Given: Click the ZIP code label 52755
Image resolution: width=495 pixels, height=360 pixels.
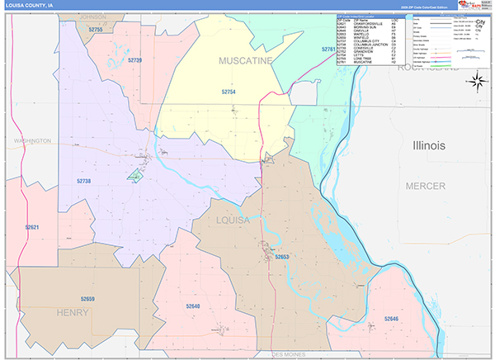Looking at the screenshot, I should pyautogui.click(x=96, y=29).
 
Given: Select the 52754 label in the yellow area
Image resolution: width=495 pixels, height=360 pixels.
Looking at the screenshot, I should pyautogui.click(x=229, y=92).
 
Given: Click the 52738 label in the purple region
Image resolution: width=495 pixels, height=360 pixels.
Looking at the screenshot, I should pyautogui.click(x=85, y=180).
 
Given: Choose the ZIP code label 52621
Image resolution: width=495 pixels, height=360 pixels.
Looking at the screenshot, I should pyautogui.click(x=32, y=226).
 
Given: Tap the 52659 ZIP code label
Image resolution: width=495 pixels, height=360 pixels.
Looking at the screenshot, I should pyautogui.click(x=88, y=298).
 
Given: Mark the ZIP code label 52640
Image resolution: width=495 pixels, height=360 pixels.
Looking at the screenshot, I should pyautogui.click(x=192, y=306).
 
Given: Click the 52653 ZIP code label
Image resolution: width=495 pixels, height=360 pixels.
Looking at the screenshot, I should pyautogui.click(x=281, y=258).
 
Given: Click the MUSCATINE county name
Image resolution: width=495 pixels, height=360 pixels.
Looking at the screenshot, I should pyautogui.click(x=245, y=61).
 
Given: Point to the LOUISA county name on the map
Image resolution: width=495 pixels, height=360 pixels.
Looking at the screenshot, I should pyautogui.click(x=233, y=221).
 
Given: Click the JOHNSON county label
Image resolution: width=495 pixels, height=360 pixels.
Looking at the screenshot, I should pyautogui.click(x=93, y=17).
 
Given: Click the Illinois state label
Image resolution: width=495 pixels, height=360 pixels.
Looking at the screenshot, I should pyautogui.click(x=428, y=145).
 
